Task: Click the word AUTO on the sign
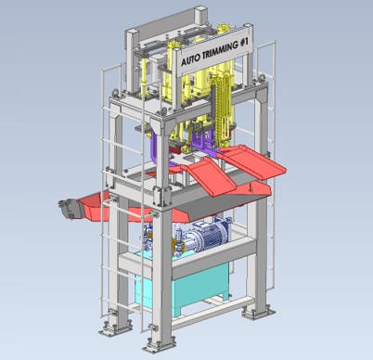tap(188, 59)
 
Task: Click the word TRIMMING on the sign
tap(218, 50)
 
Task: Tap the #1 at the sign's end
tap(244, 42)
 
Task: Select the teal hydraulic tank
tap(186, 286)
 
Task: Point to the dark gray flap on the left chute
tap(71, 210)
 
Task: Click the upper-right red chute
tap(254, 162)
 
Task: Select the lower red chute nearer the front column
tap(211, 175)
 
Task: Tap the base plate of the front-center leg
tap(159, 345)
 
